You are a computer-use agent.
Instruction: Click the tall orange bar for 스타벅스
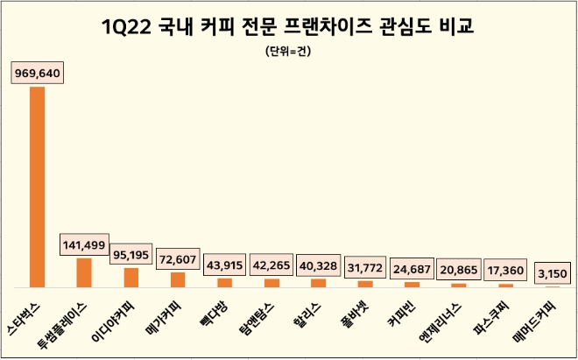tap(37, 187)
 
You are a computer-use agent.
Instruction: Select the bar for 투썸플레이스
tap(84, 272)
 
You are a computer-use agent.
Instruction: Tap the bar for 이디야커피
tap(130, 278)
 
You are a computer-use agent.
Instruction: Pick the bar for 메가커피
tap(178, 279)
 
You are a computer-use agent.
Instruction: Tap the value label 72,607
tap(178, 260)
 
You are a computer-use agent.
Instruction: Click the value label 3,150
tap(553, 274)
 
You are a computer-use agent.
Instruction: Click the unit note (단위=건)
tap(288, 52)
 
